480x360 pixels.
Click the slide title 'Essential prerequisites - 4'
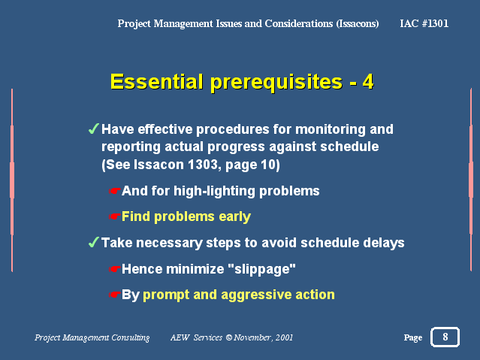click(x=242, y=82)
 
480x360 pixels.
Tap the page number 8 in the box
click(x=445, y=337)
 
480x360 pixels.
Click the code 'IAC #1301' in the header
click(x=424, y=23)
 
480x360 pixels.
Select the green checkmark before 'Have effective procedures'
click(x=94, y=129)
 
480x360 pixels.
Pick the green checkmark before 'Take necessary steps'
click(x=94, y=242)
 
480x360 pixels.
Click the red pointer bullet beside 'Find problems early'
click(x=115, y=216)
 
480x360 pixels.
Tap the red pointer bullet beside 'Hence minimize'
click(x=115, y=269)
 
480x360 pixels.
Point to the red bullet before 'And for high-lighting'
click(x=115, y=191)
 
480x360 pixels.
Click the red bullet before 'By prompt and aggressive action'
click(x=115, y=295)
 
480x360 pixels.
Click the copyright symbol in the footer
click(x=228, y=337)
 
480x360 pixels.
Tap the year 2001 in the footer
click(x=284, y=337)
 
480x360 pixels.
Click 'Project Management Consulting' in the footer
click(x=92, y=337)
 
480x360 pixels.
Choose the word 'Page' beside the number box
click(x=413, y=337)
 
